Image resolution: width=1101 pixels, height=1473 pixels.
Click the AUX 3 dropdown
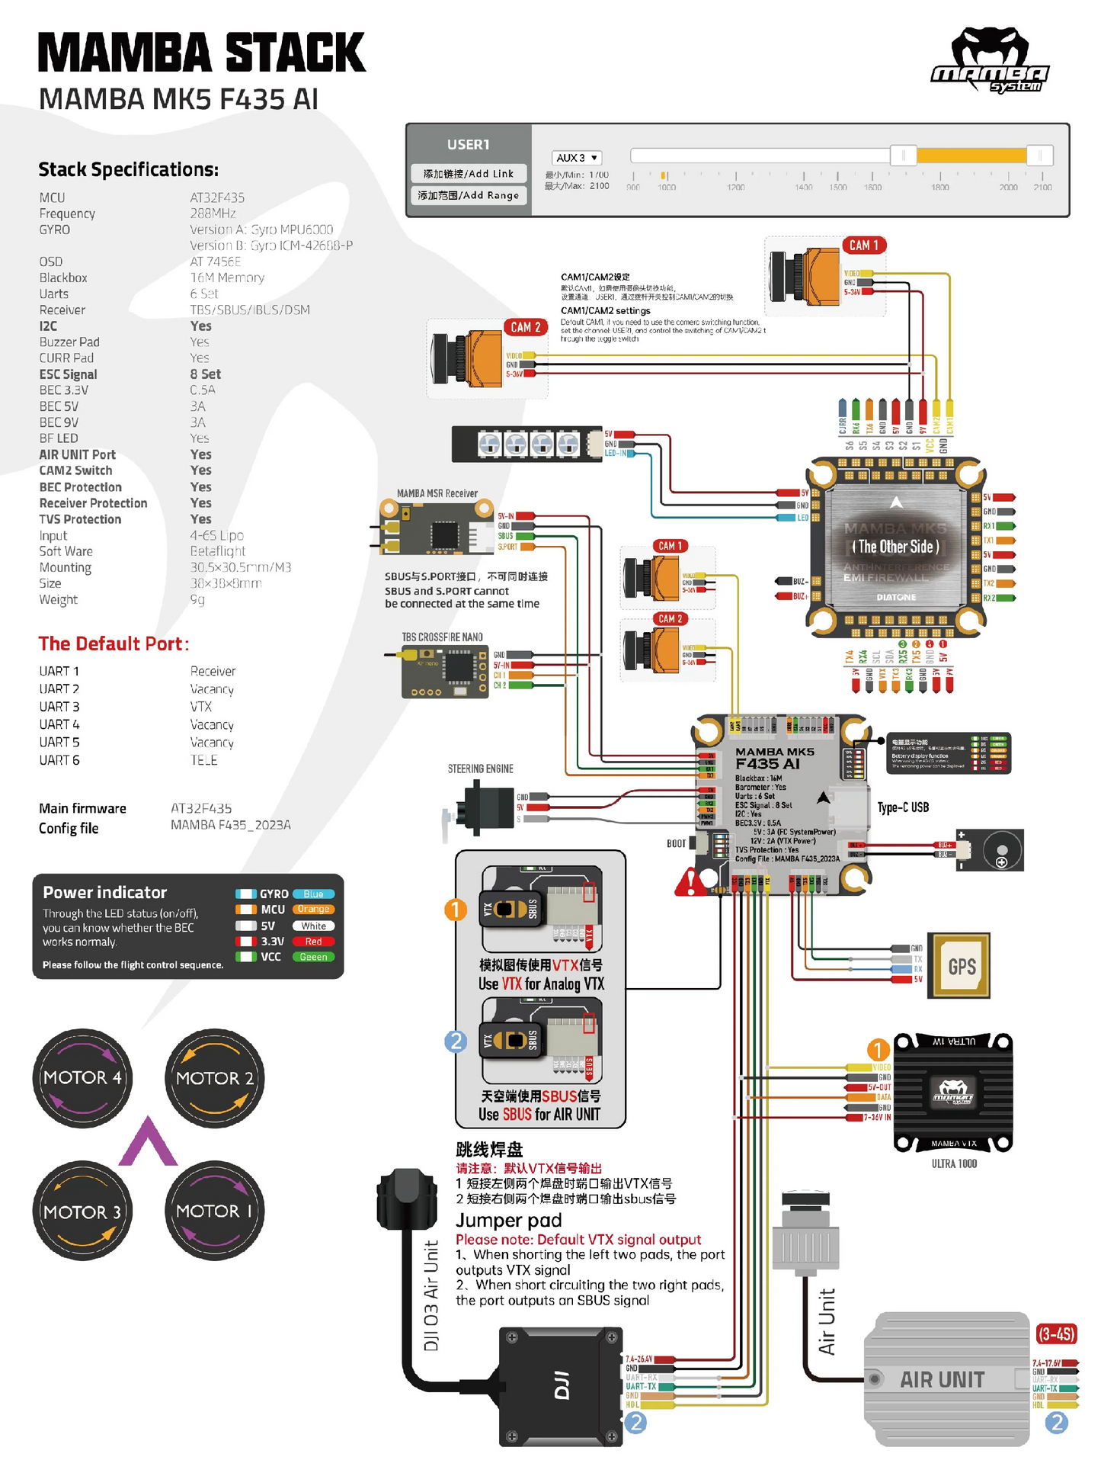577,158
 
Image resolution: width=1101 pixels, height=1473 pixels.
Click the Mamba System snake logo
990,61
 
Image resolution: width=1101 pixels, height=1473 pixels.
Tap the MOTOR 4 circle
82,1078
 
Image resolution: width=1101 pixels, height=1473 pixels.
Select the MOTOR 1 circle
214,1211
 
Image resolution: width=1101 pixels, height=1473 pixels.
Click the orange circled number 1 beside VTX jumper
456,910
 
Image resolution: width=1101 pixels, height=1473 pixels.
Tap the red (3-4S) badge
1057,1334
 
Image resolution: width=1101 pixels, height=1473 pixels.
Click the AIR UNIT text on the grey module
942,1380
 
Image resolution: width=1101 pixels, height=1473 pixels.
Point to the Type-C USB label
903,807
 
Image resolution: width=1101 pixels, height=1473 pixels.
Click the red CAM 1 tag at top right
864,245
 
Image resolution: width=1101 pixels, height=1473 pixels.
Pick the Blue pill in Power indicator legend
313,894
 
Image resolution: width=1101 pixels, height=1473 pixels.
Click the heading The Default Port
114,643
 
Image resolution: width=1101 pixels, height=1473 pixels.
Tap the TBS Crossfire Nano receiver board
445,671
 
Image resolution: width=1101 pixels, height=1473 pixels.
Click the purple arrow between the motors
148,1143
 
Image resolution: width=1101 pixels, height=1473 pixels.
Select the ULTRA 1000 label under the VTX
954,1163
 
